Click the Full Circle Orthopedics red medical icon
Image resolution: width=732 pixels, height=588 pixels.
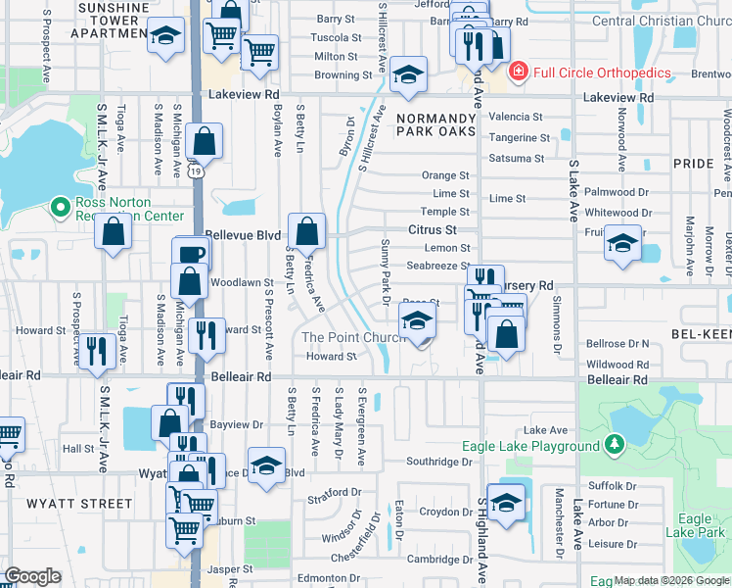pyautogui.click(x=517, y=73)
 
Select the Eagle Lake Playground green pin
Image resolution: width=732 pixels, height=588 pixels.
pyautogui.click(x=614, y=446)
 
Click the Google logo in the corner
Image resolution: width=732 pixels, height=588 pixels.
pyautogui.click(x=32, y=576)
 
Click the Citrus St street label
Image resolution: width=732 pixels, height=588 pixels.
pyautogui.click(x=433, y=229)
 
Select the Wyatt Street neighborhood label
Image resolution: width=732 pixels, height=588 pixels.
pyautogui.click(x=67, y=504)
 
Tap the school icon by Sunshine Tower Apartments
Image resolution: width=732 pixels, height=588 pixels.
pyautogui.click(x=166, y=37)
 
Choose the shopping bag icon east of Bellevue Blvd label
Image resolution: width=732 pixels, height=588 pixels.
pyautogui.click(x=307, y=232)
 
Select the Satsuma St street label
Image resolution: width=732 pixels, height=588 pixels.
pyautogui.click(x=517, y=158)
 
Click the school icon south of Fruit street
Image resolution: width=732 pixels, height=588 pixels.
pyautogui.click(x=621, y=244)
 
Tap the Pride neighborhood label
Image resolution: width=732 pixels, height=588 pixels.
pyautogui.click(x=694, y=164)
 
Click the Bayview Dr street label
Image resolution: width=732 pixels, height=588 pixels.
pyautogui.click(x=238, y=425)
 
